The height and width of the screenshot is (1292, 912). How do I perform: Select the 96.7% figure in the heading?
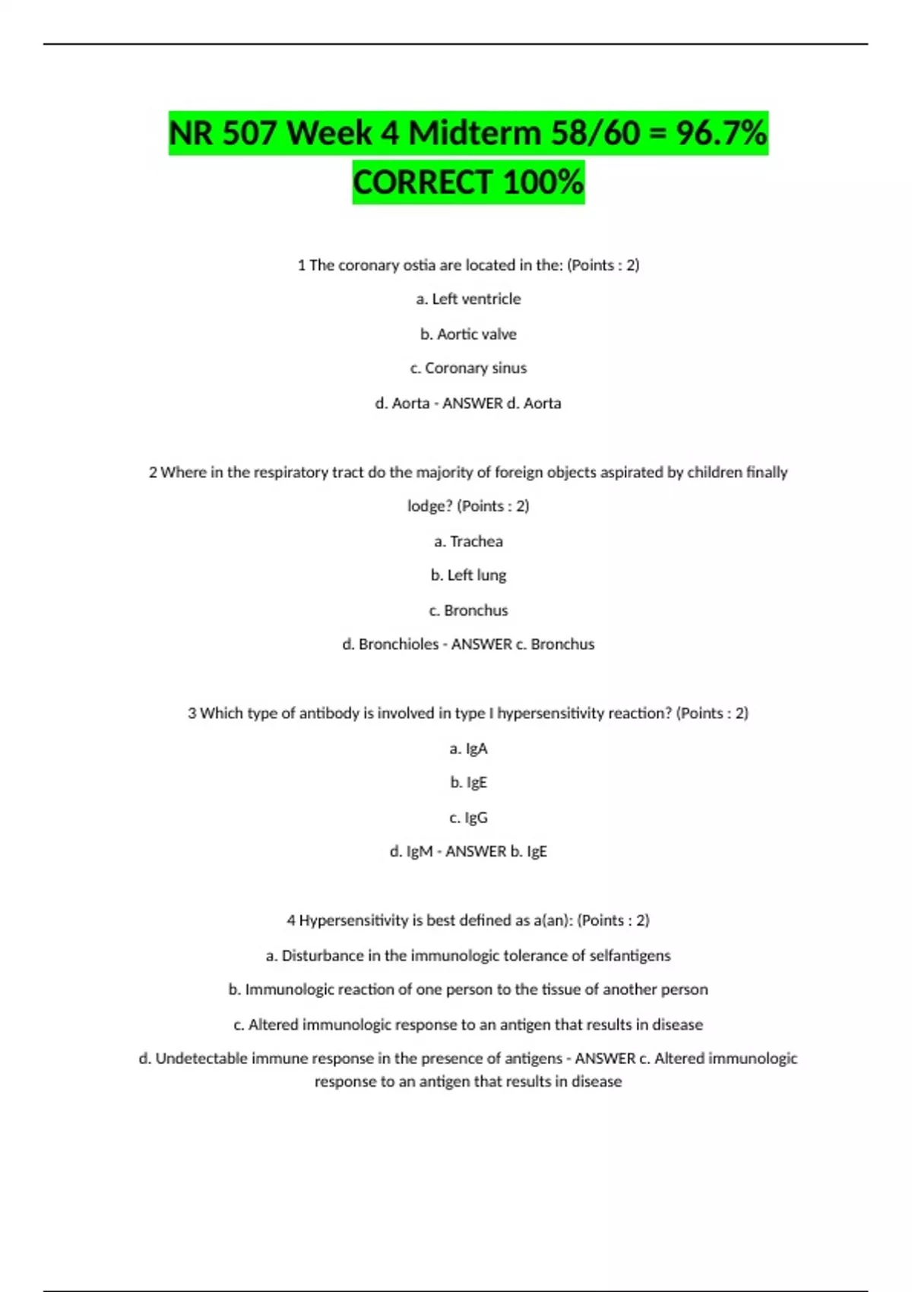coord(721,133)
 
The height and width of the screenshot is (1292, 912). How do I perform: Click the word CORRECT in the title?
coord(423,182)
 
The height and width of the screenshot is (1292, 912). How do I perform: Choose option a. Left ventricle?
coord(468,299)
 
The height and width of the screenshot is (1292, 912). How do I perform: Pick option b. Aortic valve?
coord(468,334)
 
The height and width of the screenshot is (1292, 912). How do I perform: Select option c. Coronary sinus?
coord(468,369)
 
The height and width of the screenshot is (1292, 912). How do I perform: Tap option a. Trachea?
coord(468,541)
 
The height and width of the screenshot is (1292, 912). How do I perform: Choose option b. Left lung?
coord(468,575)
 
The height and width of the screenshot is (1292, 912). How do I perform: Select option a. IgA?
coord(468,749)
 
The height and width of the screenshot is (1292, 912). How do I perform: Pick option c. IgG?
coord(468,818)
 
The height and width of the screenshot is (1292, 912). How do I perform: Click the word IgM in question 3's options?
coord(420,852)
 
